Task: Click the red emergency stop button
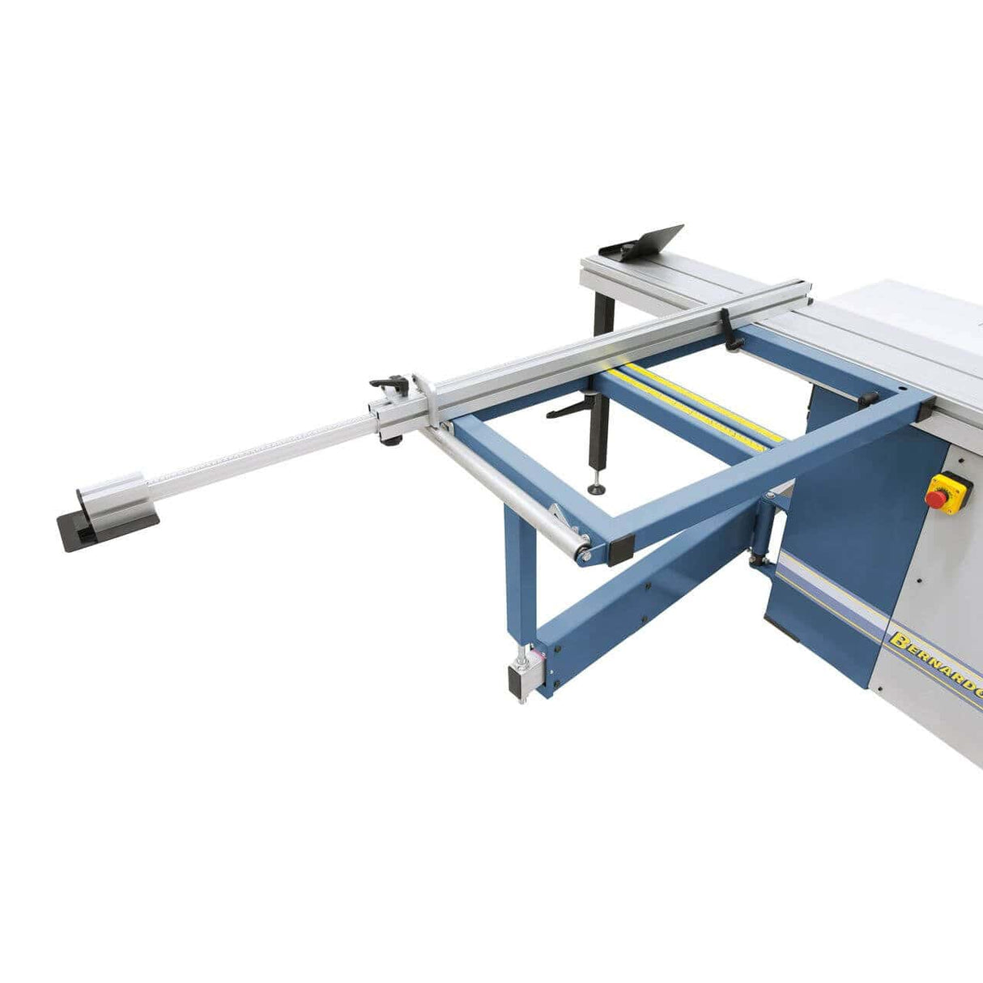coord(937,498)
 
